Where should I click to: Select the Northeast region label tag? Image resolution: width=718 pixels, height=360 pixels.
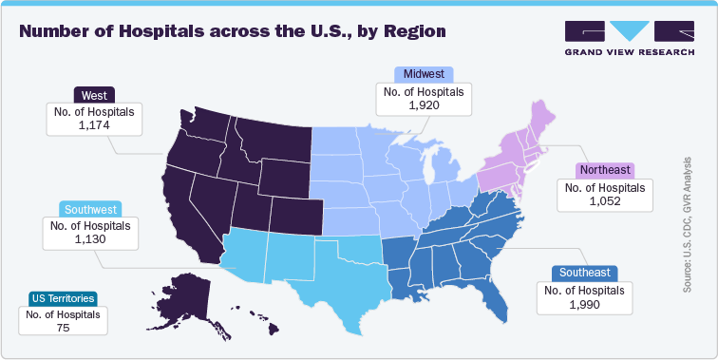(605, 171)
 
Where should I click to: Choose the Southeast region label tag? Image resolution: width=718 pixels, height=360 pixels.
(585, 273)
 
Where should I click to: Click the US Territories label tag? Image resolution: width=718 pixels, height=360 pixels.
(62, 297)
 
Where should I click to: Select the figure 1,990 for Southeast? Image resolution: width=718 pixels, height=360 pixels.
(585, 303)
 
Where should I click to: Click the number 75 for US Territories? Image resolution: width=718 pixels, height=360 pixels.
(63, 327)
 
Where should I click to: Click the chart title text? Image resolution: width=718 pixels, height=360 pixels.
(233, 31)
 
